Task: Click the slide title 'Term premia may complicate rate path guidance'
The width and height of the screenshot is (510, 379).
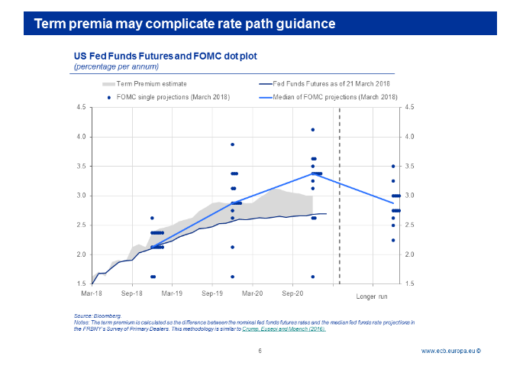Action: click(x=185, y=23)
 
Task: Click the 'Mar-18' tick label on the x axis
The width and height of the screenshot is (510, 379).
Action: click(x=92, y=293)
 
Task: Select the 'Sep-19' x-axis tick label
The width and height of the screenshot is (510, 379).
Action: click(x=212, y=293)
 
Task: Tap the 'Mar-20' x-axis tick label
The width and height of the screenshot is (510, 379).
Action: click(x=252, y=293)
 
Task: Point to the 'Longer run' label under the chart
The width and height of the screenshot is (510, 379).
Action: click(x=372, y=296)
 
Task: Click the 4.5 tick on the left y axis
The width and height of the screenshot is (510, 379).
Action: click(x=81, y=108)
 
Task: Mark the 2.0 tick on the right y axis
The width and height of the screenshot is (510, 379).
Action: click(x=409, y=254)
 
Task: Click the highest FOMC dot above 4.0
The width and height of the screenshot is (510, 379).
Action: click(x=313, y=130)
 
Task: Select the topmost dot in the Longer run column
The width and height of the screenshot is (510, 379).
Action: click(x=393, y=166)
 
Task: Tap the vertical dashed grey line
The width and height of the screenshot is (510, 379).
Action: click(x=339, y=199)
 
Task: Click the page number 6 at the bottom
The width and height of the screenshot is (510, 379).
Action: click(x=260, y=351)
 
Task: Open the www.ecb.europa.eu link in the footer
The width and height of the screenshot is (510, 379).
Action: click(x=450, y=351)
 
